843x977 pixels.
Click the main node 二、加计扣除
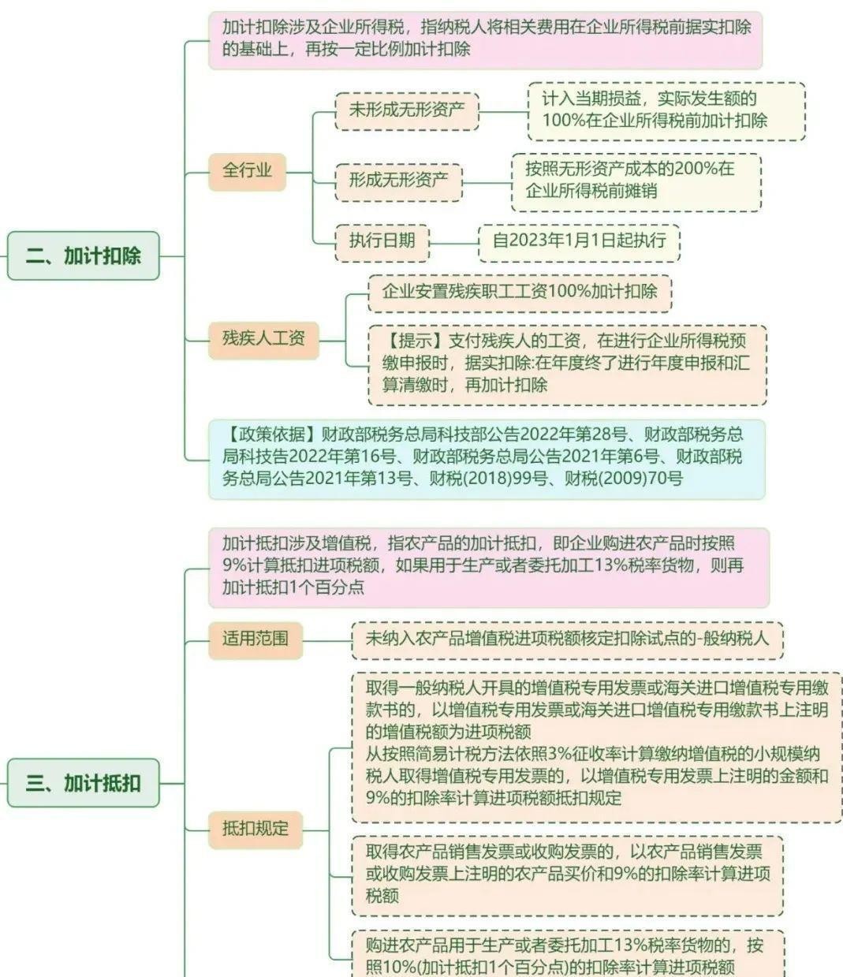83,255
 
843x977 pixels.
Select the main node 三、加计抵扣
83,783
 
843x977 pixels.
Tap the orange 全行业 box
247,170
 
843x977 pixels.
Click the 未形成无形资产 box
407,110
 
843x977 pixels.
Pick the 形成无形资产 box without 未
398,180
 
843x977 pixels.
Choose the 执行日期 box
382,240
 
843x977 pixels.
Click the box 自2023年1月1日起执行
579,240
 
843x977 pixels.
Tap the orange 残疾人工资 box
263,339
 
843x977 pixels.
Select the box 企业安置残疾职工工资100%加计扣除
520,291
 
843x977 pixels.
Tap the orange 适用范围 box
255,638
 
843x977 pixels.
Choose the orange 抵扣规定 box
256,828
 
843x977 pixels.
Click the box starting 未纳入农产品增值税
567,638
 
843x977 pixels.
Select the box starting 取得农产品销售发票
567,873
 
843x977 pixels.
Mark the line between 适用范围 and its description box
327,640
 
